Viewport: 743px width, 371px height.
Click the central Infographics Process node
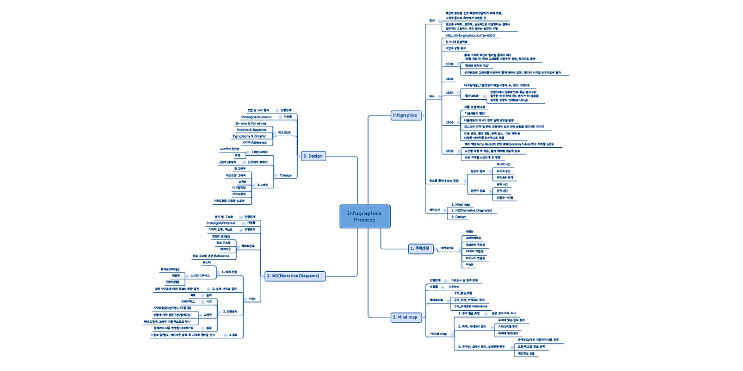click(x=365, y=216)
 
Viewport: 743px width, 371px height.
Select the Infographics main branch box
click(x=405, y=115)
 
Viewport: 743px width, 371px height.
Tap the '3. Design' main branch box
click(x=313, y=156)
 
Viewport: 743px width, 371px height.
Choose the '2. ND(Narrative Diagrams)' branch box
click(x=294, y=276)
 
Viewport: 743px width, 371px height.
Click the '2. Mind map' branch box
click(x=405, y=317)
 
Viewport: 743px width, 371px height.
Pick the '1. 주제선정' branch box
click(x=419, y=249)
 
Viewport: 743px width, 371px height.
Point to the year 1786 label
click(x=449, y=64)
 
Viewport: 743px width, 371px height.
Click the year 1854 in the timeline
click(x=449, y=92)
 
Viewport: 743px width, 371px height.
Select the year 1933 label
click(x=449, y=151)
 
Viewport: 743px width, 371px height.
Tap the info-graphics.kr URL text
click(x=470, y=36)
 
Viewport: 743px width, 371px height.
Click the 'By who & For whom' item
click(x=250, y=123)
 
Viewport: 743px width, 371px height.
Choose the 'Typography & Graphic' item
click(x=249, y=136)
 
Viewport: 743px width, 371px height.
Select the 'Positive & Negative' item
click(x=251, y=130)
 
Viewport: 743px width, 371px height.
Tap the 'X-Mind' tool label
click(x=454, y=287)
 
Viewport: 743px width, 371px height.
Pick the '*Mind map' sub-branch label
click(x=438, y=334)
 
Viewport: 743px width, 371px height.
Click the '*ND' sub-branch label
click(x=251, y=299)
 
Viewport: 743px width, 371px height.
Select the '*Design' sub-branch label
click(x=286, y=175)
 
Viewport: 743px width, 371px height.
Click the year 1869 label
click(x=449, y=123)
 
